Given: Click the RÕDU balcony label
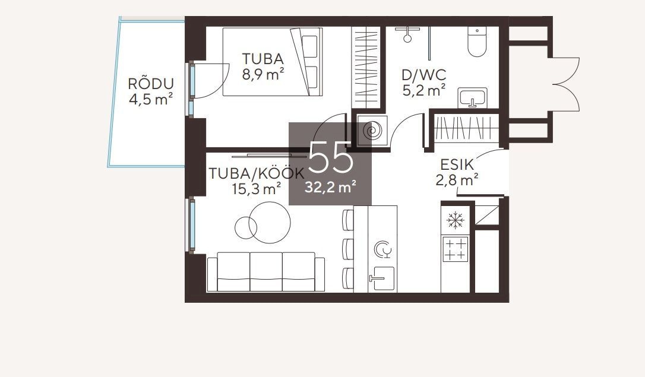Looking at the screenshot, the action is point(150,84).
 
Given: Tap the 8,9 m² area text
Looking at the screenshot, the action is point(263,75).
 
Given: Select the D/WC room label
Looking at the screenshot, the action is point(423,75).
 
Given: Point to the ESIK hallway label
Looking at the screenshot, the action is point(457,165).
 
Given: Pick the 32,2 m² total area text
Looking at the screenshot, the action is point(330,187).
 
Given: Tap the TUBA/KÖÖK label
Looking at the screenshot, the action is point(257,173).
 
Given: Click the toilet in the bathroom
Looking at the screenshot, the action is point(477,42).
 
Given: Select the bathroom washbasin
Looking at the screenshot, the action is point(473,98).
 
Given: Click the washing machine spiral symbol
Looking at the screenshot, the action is point(372,131).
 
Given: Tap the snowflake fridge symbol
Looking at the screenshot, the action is point(456,220).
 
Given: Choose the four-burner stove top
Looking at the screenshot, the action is point(456,249).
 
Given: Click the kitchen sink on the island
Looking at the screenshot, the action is point(382,278).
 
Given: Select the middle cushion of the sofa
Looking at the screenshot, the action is point(266,272).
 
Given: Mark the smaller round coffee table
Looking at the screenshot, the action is point(245,227).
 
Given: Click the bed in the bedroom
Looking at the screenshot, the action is point(272,62).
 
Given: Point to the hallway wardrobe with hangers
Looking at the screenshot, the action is point(466,128).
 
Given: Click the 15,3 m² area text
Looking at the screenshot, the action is point(257,189).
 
